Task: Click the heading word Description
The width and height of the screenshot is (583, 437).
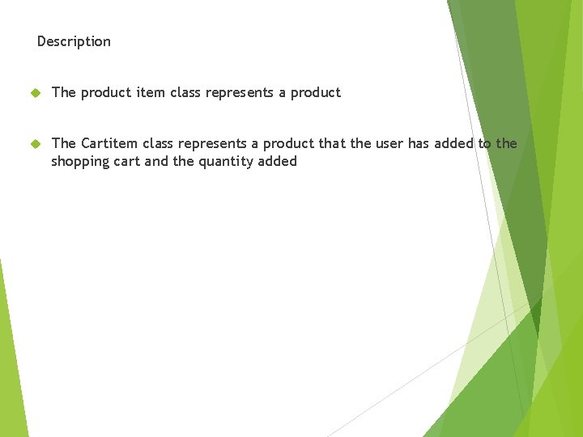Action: [x=74, y=41]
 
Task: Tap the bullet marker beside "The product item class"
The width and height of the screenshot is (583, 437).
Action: [x=35, y=93]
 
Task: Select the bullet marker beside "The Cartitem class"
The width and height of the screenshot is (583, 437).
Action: [x=35, y=144]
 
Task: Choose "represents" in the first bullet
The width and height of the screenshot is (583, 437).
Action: [x=240, y=92]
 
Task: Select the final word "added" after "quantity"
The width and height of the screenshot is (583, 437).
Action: [x=278, y=162]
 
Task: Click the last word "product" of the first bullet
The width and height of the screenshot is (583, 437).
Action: [x=316, y=92]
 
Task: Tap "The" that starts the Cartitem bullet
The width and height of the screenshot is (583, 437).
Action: [x=63, y=143]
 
